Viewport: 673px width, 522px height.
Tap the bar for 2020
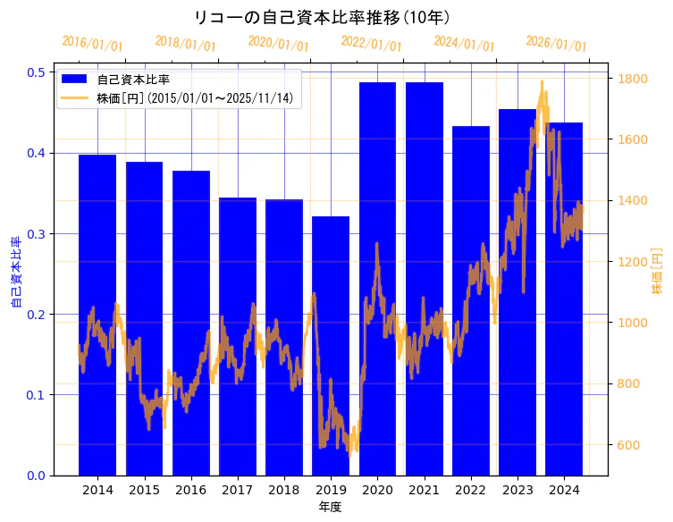(x=377, y=278)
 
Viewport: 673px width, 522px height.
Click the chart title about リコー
(x=322, y=17)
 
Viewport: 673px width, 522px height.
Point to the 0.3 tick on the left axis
(x=38, y=234)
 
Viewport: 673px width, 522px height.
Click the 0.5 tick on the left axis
(x=38, y=72)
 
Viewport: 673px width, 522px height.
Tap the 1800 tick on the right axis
(x=632, y=79)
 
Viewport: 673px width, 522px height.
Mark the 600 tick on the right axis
(x=629, y=445)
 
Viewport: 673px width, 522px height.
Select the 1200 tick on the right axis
(x=632, y=262)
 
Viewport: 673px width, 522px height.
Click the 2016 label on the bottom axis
(x=190, y=490)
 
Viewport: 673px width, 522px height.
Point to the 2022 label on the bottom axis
(x=470, y=490)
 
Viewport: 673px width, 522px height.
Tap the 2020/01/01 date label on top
(x=278, y=44)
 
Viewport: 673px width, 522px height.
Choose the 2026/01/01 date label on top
(x=557, y=44)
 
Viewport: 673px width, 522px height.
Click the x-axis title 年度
(x=330, y=507)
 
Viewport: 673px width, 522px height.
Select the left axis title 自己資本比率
(x=15, y=273)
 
